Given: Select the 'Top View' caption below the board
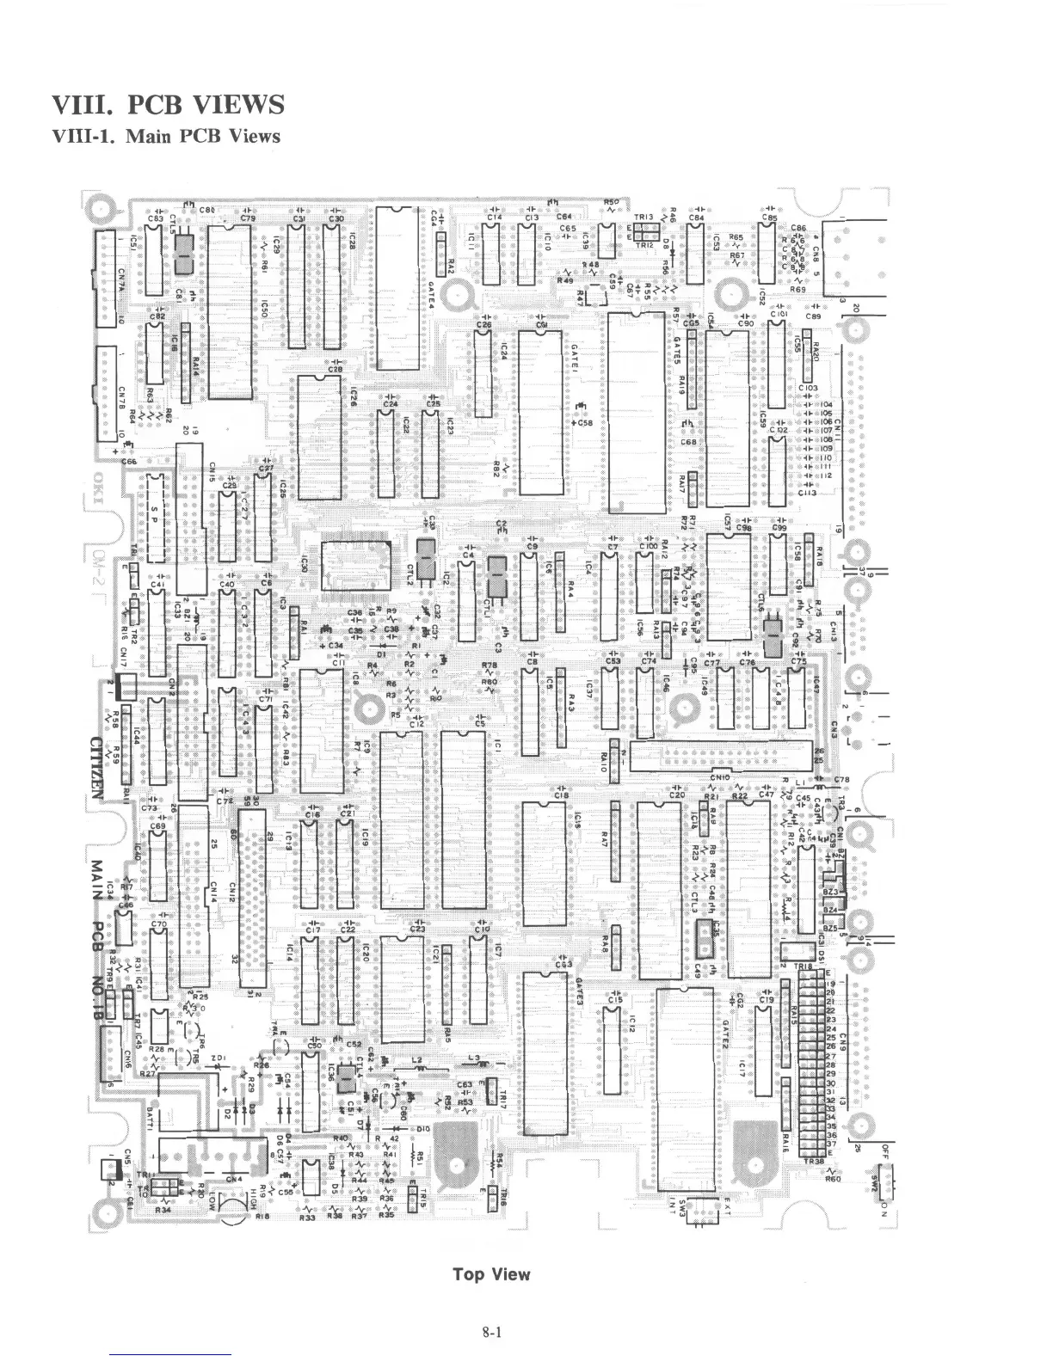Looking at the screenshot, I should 491,1274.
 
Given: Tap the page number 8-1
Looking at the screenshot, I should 491,1334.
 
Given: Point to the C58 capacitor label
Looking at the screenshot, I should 584,423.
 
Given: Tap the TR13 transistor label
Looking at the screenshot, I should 643,217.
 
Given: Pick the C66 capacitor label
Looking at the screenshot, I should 130,461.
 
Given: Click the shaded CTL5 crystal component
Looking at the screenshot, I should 182,255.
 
